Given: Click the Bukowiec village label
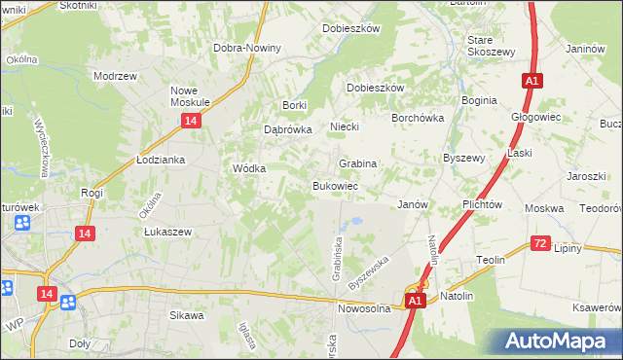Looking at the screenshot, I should tap(336, 185).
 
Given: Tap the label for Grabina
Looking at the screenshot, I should tap(357, 163).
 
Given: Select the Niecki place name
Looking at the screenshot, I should tap(345, 126).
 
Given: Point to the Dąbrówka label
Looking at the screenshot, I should tap(287, 128).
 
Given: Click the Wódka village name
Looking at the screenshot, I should tap(249, 167).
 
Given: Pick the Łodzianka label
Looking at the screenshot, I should tap(161, 160).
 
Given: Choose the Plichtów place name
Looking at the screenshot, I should tap(482, 204).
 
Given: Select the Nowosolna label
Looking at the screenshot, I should tap(364, 307).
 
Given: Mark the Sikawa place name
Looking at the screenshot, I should tap(187, 315).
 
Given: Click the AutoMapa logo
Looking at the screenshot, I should tap(560, 342).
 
